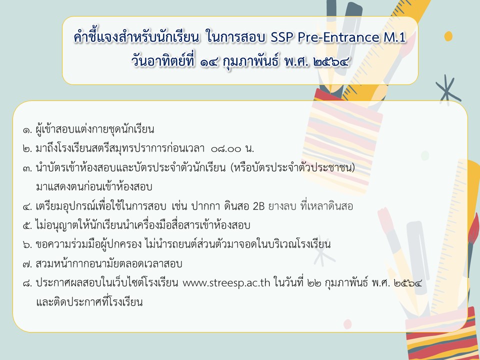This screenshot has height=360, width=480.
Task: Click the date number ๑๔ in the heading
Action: pos(209,62)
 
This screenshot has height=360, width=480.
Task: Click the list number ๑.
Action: pos(27,130)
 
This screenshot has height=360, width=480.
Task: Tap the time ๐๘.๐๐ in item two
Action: pos(226,149)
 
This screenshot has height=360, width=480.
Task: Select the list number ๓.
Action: pos(27,168)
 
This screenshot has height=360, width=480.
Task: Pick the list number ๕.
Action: pos(27,225)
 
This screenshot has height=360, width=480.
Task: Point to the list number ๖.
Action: pos(27,244)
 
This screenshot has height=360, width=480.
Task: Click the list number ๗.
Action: pos(27,264)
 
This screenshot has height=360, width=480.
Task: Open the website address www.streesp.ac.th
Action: pos(226,283)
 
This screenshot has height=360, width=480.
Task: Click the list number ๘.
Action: pos(27,283)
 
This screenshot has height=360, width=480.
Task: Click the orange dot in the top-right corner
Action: pos(448,36)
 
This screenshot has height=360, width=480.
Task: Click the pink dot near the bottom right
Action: pos(347,324)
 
